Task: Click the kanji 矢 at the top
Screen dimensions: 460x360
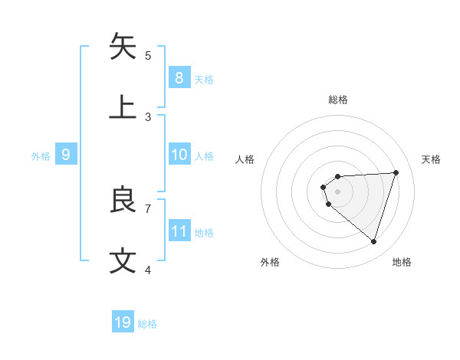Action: pos(123,47)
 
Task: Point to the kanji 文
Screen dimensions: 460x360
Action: pos(123,261)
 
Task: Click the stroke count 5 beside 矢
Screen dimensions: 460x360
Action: pos(148,55)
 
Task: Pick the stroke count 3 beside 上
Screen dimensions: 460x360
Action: pos(148,116)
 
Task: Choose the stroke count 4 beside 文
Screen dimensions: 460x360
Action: pos(148,270)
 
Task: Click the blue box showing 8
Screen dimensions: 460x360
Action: pos(179,77)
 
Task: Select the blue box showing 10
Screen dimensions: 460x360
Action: pos(179,155)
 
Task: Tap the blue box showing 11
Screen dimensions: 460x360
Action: pos(179,231)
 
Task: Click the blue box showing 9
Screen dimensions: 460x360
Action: pos(66,155)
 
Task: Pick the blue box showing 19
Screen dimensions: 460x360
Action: pos(123,322)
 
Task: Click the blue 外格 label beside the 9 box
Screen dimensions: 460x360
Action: pos(41,156)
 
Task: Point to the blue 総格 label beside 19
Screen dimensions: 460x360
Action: pos(147,324)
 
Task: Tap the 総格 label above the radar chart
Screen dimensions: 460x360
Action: pos(338,100)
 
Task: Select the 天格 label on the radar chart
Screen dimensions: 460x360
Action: pos(432,159)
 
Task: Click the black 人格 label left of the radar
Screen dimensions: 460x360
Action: pos(245,159)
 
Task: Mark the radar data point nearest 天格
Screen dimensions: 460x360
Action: pos(396,172)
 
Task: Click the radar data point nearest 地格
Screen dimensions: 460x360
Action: pos(373,241)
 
